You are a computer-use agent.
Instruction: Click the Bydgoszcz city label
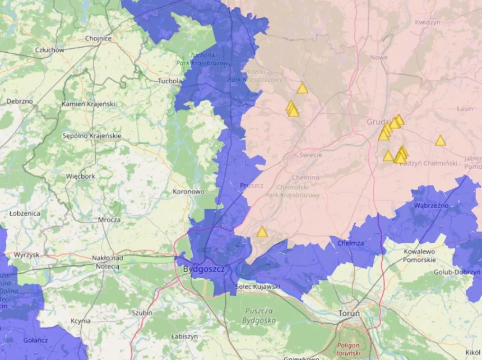coord(203,269)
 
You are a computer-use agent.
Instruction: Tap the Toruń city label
coord(349,313)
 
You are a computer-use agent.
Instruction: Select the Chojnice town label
coord(98,39)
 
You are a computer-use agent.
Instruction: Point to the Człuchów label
coord(49,50)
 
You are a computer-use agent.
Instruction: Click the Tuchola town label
coord(169,81)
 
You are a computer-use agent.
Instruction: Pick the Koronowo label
coord(188,191)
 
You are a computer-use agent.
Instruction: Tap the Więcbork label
coord(80,176)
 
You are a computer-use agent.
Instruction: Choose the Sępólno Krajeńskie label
coord(92,136)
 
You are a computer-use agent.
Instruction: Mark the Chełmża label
coord(351,243)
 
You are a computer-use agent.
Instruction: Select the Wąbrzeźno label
coord(431,205)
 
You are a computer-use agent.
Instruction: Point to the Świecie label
coord(310,155)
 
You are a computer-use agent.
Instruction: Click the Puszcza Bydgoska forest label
coord(258,315)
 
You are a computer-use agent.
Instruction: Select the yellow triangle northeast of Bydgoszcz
coord(262,232)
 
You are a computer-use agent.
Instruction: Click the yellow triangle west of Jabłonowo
coord(441,141)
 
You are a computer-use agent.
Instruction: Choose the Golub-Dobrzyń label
coord(457,273)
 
